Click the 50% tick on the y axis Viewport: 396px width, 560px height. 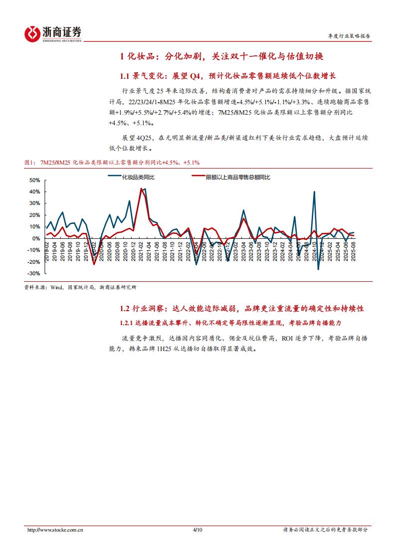[x=34, y=180]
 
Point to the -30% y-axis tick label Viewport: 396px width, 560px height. [x=33, y=274]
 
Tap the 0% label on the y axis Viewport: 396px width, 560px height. [x=36, y=238]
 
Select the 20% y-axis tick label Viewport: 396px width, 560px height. [x=34, y=215]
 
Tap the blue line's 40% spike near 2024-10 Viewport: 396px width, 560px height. [x=314, y=192]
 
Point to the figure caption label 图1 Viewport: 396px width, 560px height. [x=30, y=162]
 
